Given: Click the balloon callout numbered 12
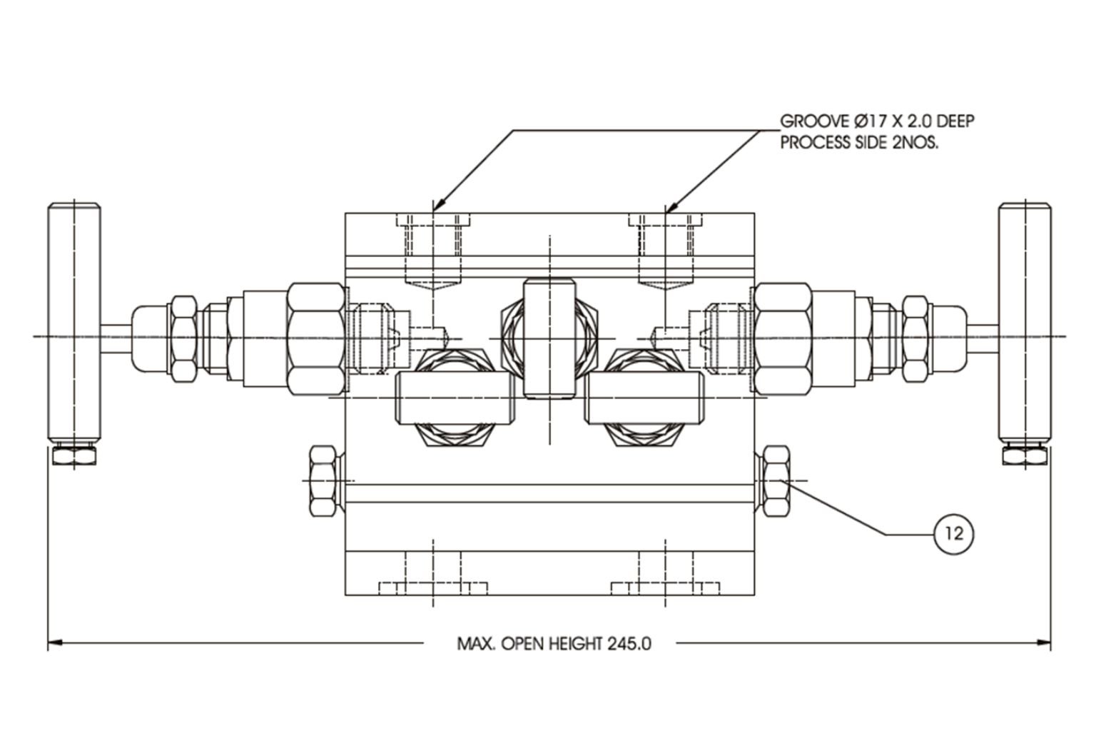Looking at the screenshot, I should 954,533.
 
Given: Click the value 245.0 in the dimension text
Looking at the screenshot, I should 629,644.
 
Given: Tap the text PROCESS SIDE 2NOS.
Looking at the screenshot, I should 859,142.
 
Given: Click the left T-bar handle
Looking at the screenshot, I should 73,323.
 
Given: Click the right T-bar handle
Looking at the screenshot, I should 1023,323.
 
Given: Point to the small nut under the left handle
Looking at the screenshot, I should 73,456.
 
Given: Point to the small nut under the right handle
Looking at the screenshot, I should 1023,455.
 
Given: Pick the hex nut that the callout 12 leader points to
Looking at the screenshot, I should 774,481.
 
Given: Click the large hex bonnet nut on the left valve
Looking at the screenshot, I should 315,337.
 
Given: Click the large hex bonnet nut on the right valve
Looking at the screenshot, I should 782,337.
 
